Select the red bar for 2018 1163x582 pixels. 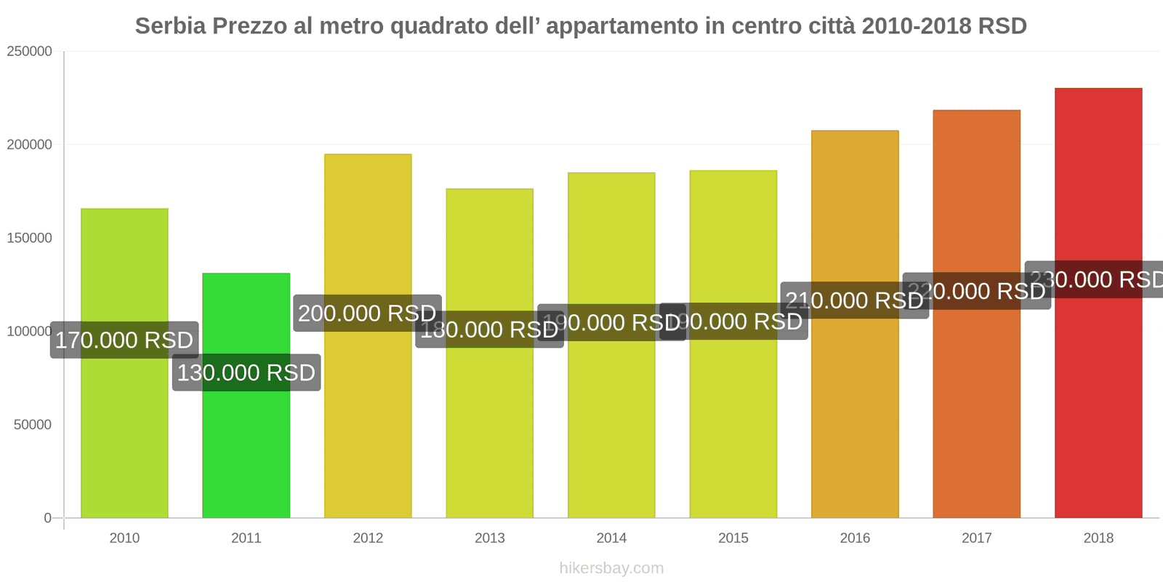tap(1098, 400)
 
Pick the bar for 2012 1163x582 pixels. tap(368, 422)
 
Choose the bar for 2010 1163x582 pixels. tap(124, 436)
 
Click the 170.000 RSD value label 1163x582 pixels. tap(124, 340)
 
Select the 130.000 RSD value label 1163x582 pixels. tap(246, 372)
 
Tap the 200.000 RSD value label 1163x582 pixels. tap(367, 313)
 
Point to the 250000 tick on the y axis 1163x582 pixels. tap(30, 52)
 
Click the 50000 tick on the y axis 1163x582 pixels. tap(33, 425)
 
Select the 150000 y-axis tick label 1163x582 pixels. tap(30, 238)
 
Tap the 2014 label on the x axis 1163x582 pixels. tap(611, 538)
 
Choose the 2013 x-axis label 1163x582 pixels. tap(489, 538)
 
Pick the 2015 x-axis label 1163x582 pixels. tap(733, 538)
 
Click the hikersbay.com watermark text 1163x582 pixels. tap(611, 568)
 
